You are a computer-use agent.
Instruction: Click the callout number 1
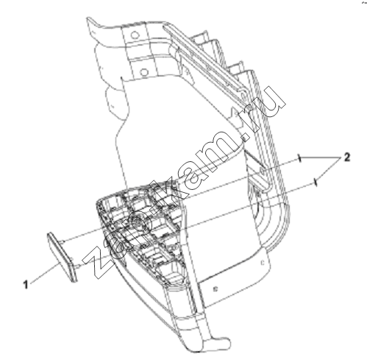26,285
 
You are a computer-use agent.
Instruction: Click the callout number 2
346,158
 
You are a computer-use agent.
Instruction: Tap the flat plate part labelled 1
62,256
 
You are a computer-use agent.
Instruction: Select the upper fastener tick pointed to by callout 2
299,158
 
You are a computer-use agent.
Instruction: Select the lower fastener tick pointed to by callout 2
316,183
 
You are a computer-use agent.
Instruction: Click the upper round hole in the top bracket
135,35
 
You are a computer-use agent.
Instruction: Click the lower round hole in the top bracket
144,72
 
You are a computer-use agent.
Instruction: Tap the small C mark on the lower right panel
262,264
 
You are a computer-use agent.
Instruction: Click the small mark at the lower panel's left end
215,289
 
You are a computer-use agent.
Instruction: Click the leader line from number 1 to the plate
44,273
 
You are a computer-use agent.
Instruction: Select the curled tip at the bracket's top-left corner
91,21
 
